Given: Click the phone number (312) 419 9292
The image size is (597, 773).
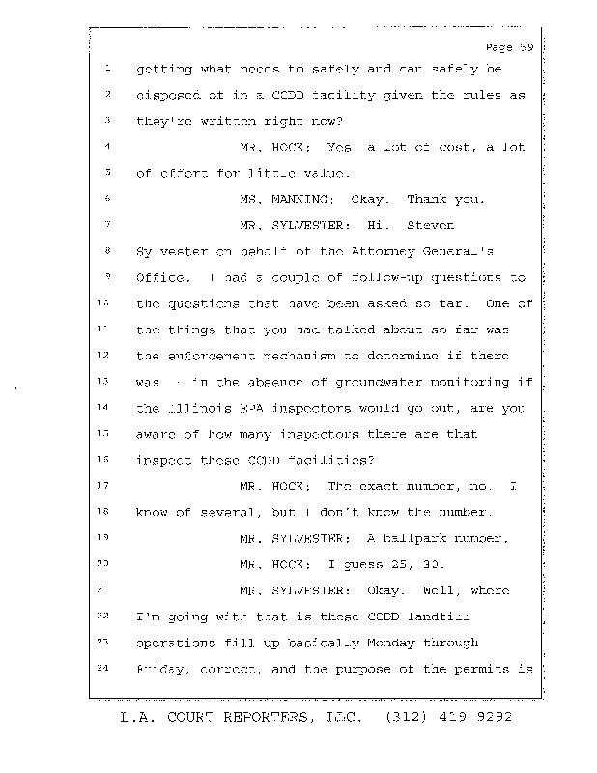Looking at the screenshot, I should pyautogui.click(x=448, y=719).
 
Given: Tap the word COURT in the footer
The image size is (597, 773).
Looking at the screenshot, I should pyautogui.click(x=191, y=719).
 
